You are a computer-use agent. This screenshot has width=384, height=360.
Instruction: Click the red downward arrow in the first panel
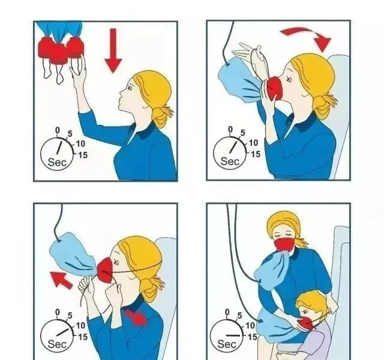[113, 50]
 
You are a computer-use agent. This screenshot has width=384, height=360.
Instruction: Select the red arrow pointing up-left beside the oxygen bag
[61, 280]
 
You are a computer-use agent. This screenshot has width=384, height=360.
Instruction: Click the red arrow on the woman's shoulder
[136, 317]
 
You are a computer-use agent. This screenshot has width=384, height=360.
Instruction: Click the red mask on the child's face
[306, 323]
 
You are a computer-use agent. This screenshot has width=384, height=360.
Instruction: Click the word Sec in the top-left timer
[57, 162]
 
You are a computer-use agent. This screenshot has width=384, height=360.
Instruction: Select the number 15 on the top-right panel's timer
[255, 154]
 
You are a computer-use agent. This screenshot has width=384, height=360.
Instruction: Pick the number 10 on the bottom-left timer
[80, 326]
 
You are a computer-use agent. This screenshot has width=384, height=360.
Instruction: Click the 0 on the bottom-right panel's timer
[227, 312]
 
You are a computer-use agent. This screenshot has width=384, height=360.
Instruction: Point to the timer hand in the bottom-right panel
[233, 335]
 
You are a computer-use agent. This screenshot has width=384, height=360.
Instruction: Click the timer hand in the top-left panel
[60, 146]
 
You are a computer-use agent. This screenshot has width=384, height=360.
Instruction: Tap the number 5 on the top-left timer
[70, 134]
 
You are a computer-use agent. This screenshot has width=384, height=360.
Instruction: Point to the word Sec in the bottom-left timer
[57, 344]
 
